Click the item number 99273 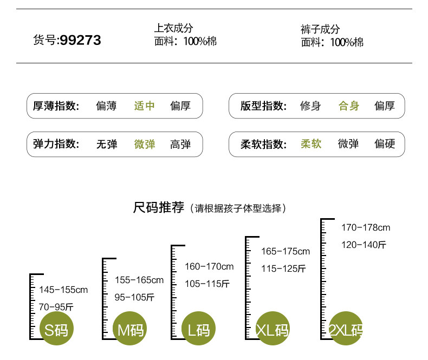[81, 40]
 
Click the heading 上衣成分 [173, 28]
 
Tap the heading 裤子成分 [320, 29]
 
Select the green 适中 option [145, 106]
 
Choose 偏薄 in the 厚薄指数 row [106, 106]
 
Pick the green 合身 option [349, 106]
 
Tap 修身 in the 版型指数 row [310, 106]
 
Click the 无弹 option [107, 145]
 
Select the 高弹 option [180, 145]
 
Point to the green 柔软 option [311, 143]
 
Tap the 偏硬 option [385, 143]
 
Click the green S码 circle [56, 329]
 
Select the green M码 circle [129, 329]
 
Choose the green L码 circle [198, 329]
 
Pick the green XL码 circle [273, 329]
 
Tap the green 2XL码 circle [346, 329]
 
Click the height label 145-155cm [63, 290]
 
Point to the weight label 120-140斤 [364, 245]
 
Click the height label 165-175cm [286, 251]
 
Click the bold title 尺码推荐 [159, 207]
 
